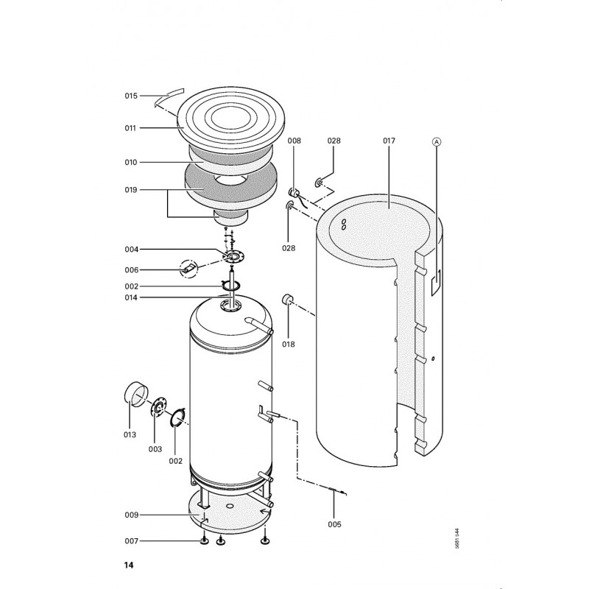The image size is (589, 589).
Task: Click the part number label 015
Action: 131,96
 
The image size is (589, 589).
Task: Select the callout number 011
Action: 130,128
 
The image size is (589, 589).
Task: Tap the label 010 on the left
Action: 131,162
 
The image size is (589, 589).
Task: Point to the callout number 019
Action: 131,190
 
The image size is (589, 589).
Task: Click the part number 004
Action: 132,250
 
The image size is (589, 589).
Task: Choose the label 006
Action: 132,269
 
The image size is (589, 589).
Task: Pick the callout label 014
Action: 131,297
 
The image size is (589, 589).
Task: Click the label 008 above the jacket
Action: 294,141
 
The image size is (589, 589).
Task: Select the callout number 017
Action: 389,141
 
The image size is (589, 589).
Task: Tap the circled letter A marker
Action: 436,141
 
